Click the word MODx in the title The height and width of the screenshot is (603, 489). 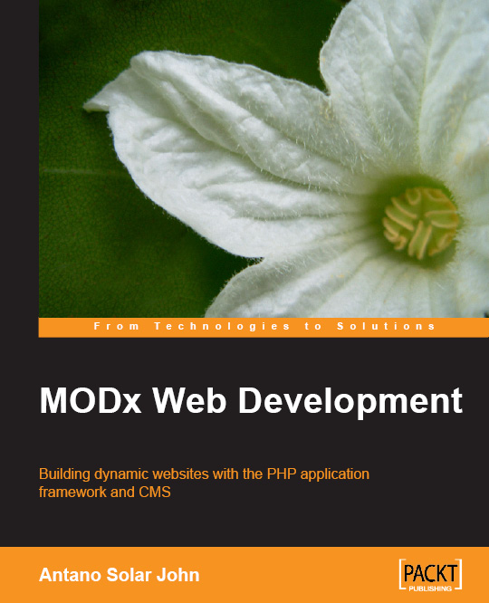pyautogui.click(x=91, y=400)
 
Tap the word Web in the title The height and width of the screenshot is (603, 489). pyautogui.click(x=189, y=400)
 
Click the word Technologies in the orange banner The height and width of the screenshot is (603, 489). pyautogui.click(x=222, y=327)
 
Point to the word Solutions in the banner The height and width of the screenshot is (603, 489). pyautogui.click(x=386, y=327)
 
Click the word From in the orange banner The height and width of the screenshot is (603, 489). pyautogui.click(x=116, y=327)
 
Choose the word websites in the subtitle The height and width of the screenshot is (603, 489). pyautogui.click(x=180, y=474)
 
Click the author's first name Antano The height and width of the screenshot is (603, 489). pyautogui.click(x=71, y=575)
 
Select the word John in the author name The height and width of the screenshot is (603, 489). pyautogui.click(x=177, y=575)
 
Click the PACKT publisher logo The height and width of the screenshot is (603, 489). pyautogui.click(x=430, y=575)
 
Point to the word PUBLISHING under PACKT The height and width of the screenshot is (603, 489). pyautogui.click(x=430, y=589)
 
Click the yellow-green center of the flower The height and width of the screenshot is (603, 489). pyautogui.click(x=421, y=223)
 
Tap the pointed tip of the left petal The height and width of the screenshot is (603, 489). pyautogui.click(x=84, y=104)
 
